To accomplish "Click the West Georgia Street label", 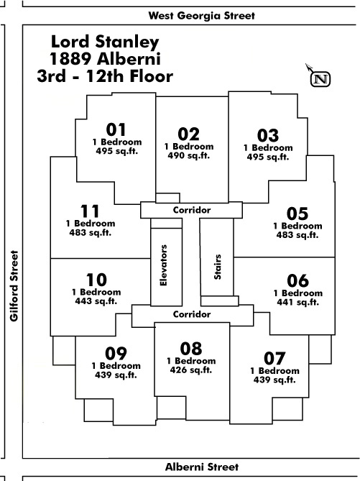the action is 201,16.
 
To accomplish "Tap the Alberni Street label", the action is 202,467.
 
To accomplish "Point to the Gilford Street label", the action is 14,286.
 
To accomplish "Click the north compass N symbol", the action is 320,79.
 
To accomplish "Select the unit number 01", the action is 116,129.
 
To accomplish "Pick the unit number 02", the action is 188,134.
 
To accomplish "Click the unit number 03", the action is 268,136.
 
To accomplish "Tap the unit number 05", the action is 297,214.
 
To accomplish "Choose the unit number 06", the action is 297,280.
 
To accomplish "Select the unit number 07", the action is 274,358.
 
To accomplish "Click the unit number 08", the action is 191,349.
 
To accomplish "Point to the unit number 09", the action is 116,354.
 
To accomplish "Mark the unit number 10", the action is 96,280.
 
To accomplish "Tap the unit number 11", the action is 90,211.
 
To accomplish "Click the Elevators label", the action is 164,265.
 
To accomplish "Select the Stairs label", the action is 218,267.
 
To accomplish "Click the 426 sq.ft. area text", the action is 191,370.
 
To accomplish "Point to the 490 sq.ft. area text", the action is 188,155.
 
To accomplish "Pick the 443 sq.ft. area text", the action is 96,301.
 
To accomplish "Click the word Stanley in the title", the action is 127,42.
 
